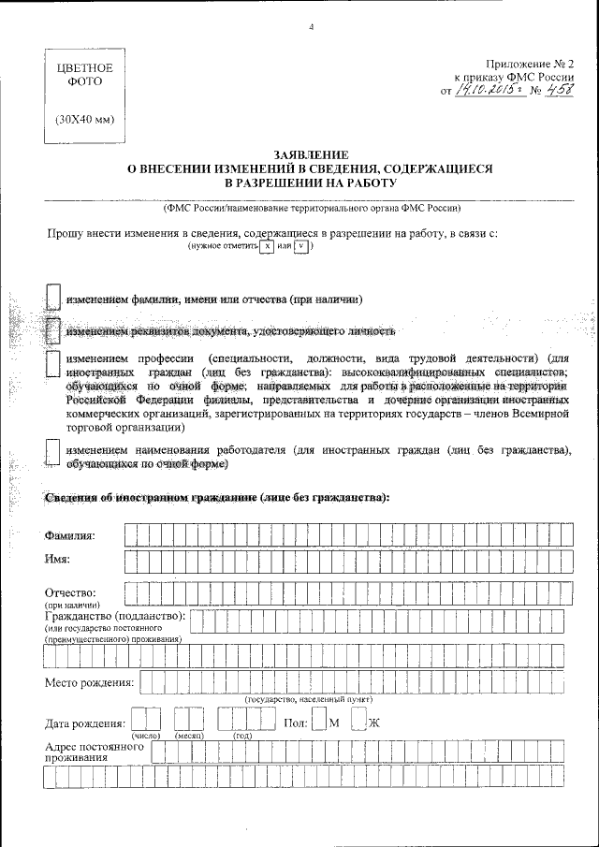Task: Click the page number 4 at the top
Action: [x=311, y=26]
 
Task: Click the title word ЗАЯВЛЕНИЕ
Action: [x=310, y=153]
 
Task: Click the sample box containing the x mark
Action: [x=267, y=246]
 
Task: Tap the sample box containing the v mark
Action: [x=300, y=246]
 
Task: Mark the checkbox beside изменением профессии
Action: [x=53, y=365]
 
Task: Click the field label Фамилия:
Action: [x=76, y=535]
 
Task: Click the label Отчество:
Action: [x=71, y=592]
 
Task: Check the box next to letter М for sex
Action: [x=319, y=720]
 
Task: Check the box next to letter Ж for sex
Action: [x=358, y=720]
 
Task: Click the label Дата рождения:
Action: [x=85, y=723]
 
